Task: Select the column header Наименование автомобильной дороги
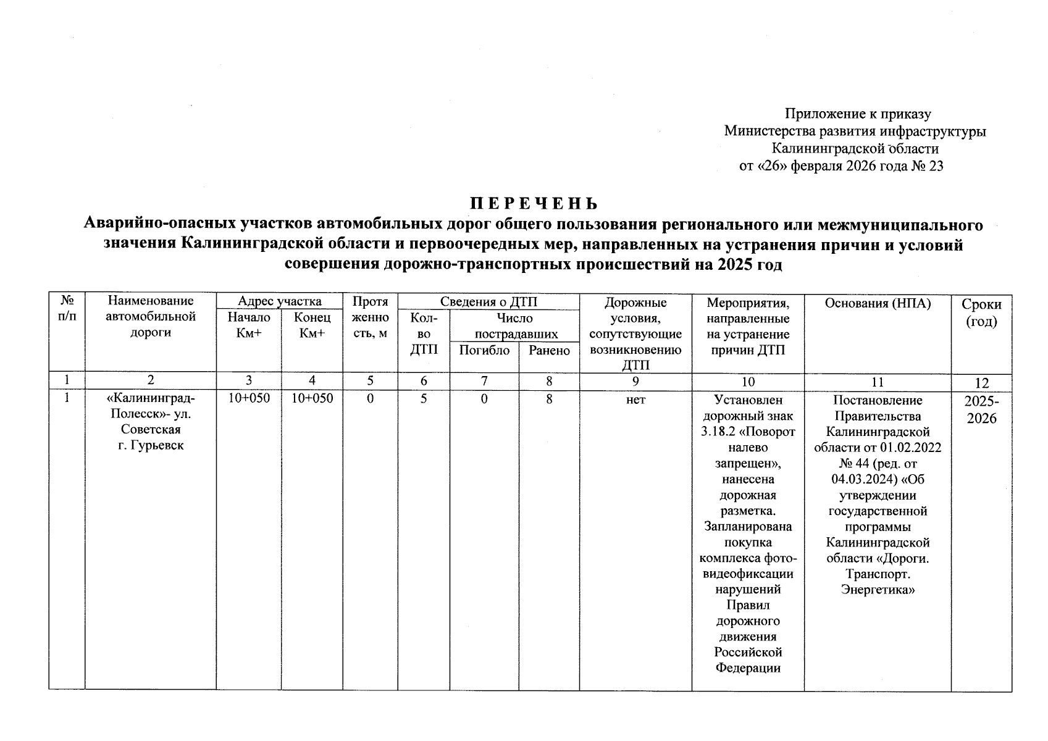151,317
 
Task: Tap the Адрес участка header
280,301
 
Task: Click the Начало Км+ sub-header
249,325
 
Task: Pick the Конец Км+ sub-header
312,325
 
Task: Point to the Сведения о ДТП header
488,301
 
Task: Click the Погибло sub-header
484,350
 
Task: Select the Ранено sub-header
549,350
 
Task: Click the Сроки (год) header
981,312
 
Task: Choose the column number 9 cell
635,382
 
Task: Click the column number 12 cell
981,383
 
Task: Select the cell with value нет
635,400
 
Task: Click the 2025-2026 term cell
981,409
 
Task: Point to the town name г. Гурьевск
151,445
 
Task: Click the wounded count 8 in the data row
549,400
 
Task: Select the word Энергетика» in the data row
878,589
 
